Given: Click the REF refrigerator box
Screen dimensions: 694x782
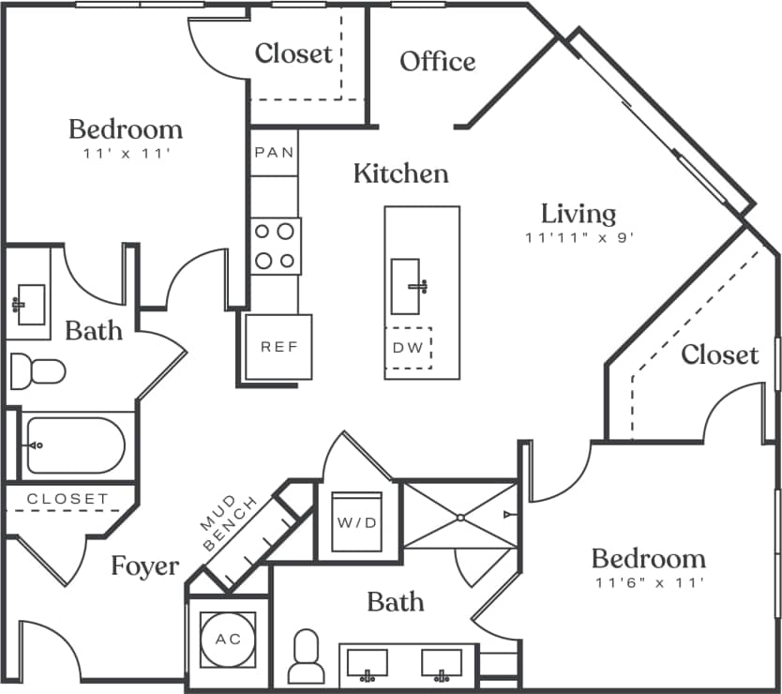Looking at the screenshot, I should click(278, 347).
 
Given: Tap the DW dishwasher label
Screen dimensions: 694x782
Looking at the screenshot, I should click(408, 348).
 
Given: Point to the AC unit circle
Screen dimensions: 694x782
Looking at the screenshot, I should click(228, 640).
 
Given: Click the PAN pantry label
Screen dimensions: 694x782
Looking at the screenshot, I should click(274, 152).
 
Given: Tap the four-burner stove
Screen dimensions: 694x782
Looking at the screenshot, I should click(275, 246).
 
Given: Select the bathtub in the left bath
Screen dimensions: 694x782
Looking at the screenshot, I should click(75, 445).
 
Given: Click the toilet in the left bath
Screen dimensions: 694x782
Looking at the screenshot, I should click(38, 372).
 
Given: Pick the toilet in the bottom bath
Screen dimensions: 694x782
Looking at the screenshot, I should click(306, 658).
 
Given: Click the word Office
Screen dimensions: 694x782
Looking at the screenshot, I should click(437, 61).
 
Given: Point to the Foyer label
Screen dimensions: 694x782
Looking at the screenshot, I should click(144, 566).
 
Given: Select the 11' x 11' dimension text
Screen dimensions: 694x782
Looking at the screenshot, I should click(126, 153).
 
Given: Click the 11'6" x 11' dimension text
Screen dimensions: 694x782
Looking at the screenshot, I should click(648, 583).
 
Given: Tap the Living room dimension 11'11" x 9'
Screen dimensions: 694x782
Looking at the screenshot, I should click(581, 238).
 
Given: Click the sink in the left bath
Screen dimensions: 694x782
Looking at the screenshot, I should click(29, 305).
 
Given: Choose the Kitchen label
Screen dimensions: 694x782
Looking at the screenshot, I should click(400, 173).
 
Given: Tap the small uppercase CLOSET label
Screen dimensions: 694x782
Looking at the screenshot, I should click(68, 499).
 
